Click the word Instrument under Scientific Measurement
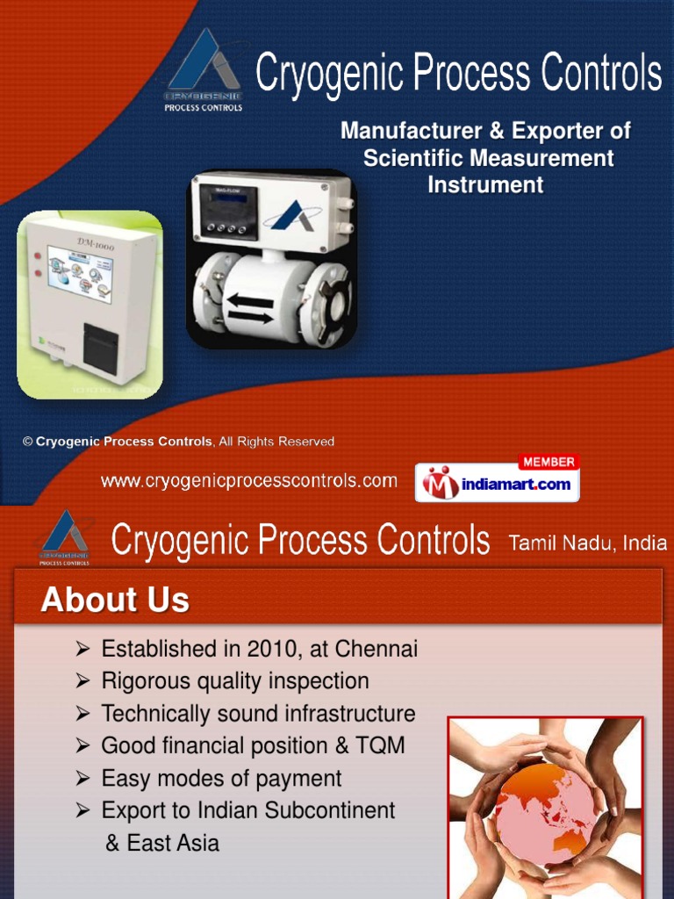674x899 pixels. pos(485,185)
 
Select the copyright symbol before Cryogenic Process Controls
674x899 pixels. pos(27,442)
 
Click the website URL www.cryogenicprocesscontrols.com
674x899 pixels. pos(249,481)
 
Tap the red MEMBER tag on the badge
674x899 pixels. pos(548,462)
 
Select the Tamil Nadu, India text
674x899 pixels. pos(588,543)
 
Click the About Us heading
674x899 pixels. pos(115,601)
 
